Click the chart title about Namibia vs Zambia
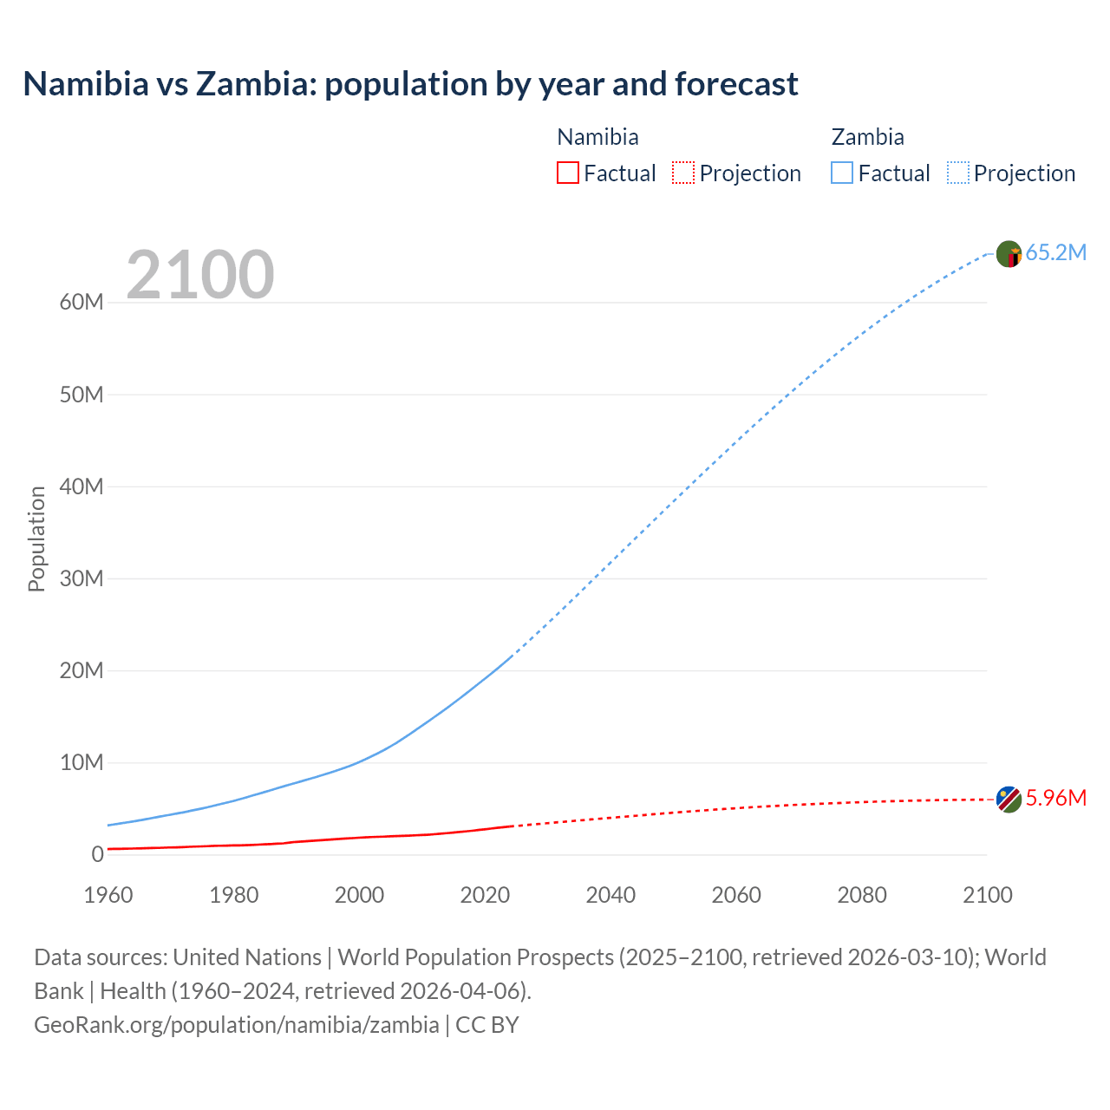coord(410,84)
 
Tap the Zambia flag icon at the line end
coord(1009,254)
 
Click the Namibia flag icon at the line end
coord(1009,799)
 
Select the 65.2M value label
coord(1055,252)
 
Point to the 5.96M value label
coord(1055,798)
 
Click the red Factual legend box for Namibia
coord(567,173)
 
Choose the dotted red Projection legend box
coord(683,173)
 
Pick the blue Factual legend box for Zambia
coord(842,173)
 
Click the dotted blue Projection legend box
coord(958,173)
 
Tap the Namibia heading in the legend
coord(597,137)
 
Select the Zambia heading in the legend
coord(867,137)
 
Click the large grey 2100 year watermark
coord(200,275)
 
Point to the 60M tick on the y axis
coord(82,303)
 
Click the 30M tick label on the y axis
coord(82,578)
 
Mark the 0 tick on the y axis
coord(97,854)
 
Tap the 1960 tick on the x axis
coord(108,895)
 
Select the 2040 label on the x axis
coord(610,895)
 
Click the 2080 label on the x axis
coord(862,895)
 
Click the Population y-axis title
coord(36,539)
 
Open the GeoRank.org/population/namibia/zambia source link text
coord(237,1025)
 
